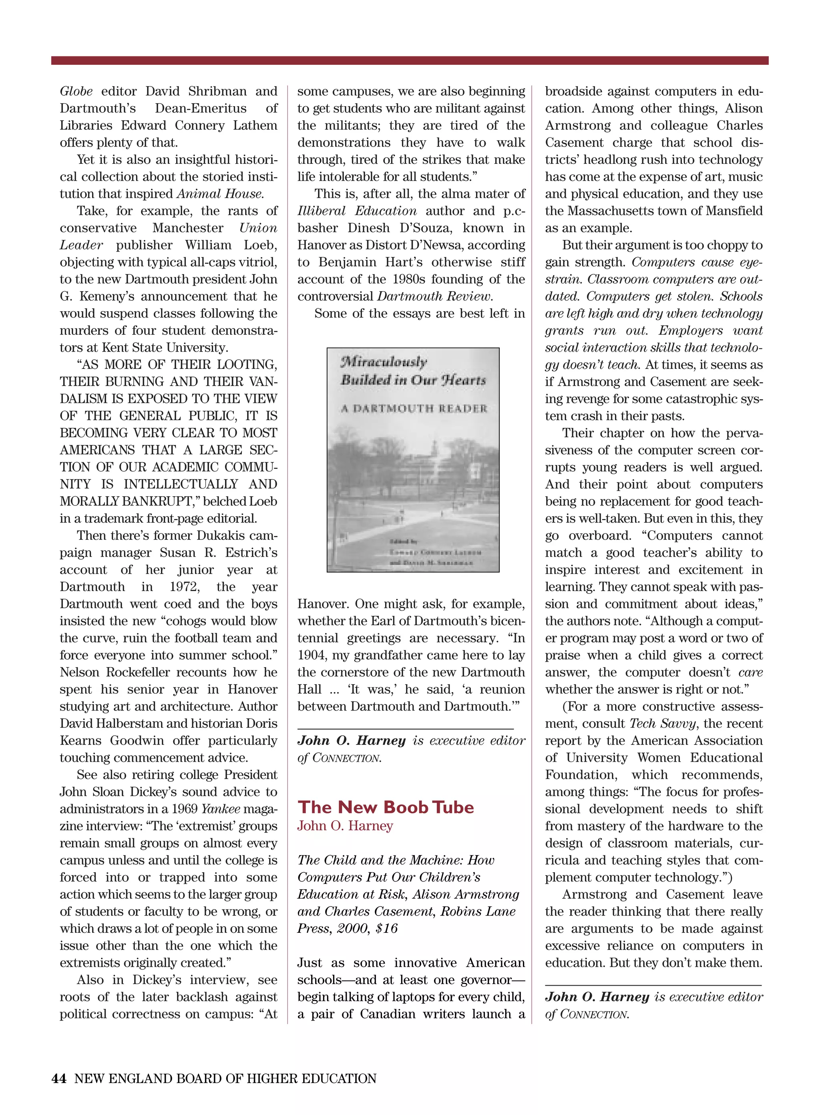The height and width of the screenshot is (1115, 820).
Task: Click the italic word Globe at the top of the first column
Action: point(76,91)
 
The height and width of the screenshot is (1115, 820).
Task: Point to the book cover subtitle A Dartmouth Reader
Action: point(414,409)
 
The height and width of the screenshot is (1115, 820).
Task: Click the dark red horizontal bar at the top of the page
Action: point(410,60)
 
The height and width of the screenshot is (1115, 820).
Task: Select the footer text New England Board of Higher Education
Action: point(225,1079)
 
